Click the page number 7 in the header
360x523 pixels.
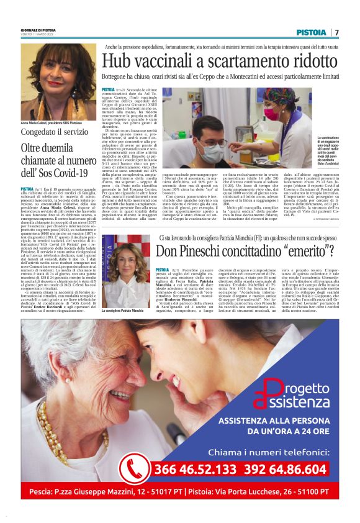(336, 32)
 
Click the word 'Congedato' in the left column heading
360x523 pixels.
(42, 132)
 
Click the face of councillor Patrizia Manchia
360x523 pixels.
(119, 263)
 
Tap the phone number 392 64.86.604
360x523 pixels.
(283, 468)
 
